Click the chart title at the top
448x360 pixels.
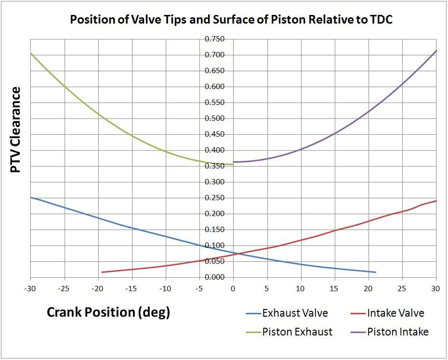pos(224,20)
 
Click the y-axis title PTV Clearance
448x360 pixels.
pos(15,130)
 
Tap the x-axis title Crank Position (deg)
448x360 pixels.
pos(108,312)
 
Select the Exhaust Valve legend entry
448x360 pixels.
pos(295,313)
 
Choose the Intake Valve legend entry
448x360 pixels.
pos(395,313)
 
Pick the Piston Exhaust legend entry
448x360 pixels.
pos(297,332)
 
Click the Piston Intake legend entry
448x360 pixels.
pos(397,332)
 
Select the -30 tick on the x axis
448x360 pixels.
pos(30,289)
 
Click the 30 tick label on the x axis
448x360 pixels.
pos(436,289)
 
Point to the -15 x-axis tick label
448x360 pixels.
pos(132,289)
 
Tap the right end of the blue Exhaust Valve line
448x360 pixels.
pos(375,272)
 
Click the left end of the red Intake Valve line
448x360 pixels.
pos(102,272)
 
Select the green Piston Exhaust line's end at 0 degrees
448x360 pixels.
pos(233,165)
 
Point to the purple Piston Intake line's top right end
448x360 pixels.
pos(436,50)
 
